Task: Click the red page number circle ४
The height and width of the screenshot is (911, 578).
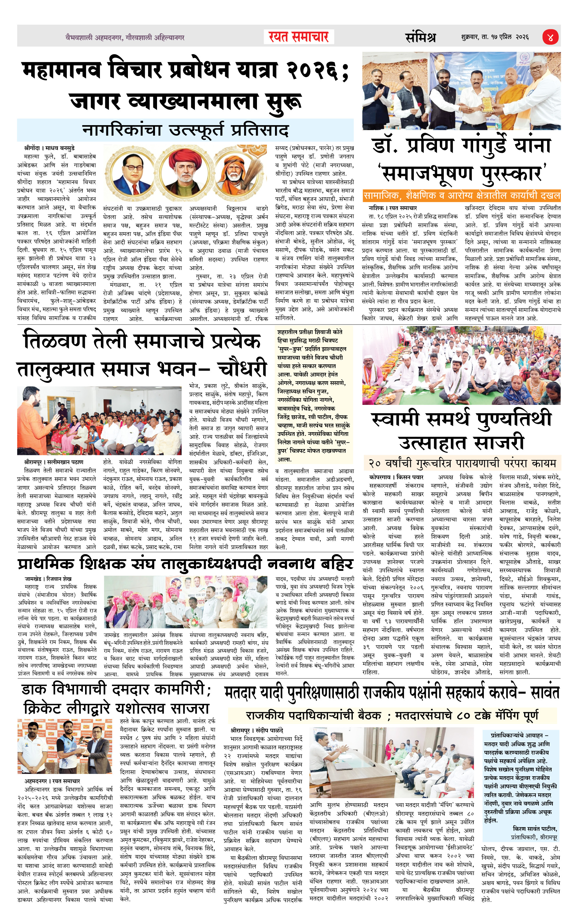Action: coord(550,37)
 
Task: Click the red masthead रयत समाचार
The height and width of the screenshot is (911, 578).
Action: coord(299,37)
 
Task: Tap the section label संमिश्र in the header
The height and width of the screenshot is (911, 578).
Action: coord(420,37)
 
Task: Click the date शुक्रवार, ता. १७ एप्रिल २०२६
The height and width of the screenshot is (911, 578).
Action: coord(495,37)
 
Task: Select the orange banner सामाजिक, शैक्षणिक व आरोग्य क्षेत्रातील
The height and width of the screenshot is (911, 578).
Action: coord(461,196)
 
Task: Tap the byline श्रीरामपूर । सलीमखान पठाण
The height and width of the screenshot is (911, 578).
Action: coord(53,462)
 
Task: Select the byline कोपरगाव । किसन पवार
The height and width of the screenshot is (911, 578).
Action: coord(396,477)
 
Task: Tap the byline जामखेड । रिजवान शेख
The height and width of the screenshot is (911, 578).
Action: coord(48,578)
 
